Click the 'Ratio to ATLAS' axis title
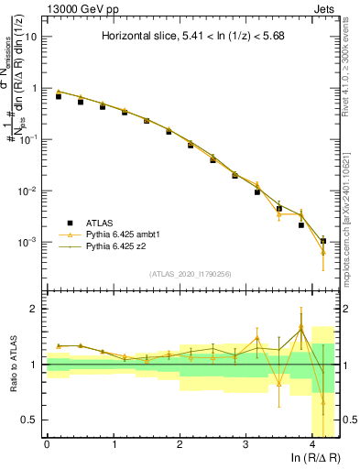pyautogui.click(x=13, y=364)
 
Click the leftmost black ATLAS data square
pyautogui.click(x=59, y=96)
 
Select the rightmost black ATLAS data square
pyautogui.click(x=322, y=241)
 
